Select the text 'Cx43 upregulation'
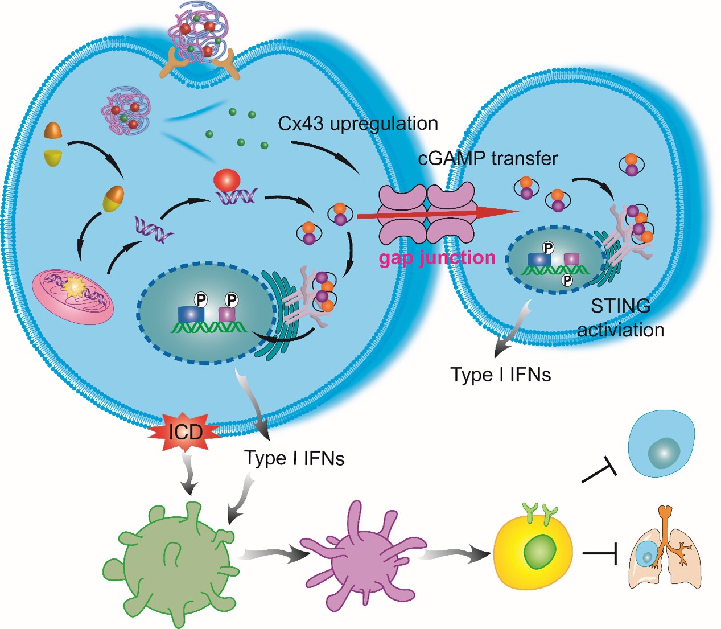click(358, 124)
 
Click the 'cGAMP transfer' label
click(488, 158)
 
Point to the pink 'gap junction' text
click(437, 258)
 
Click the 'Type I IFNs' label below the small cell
click(501, 375)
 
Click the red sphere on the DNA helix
click(226, 180)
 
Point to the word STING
click(620, 306)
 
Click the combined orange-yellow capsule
click(113, 198)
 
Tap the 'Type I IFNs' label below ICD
click(294, 458)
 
